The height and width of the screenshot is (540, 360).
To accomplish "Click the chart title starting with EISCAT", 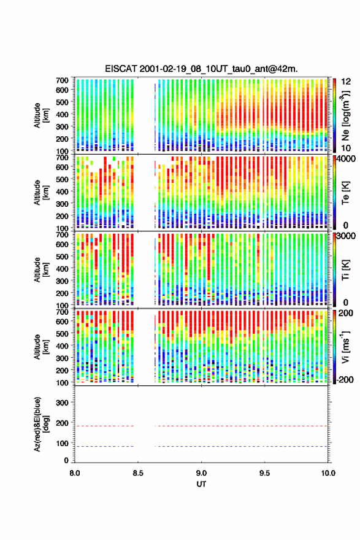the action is pyautogui.click(x=201, y=69).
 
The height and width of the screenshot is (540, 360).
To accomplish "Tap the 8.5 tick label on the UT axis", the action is pyautogui.click(x=138, y=473).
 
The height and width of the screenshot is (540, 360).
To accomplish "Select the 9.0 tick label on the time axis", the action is pyautogui.click(x=201, y=473).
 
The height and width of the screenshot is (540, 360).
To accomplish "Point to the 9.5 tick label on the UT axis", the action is pyautogui.click(x=265, y=473).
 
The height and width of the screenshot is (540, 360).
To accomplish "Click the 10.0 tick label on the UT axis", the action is pyautogui.click(x=328, y=473).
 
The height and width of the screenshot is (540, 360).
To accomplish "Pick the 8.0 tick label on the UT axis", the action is pyautogui.click(x=75, y=473).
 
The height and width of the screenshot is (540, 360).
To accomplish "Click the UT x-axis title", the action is pyautogui.click(x=201, y=484).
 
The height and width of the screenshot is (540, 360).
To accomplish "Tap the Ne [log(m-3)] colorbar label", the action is pyautogui.click(x=346, y=116).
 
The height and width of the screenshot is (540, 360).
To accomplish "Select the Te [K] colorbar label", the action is pyautogui.click(x=345, y=193).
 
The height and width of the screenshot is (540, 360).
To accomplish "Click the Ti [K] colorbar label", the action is pyautogui.click(x=345, y=269).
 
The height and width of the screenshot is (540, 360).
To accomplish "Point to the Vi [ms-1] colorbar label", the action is pyautogui.click(x=345, y=347).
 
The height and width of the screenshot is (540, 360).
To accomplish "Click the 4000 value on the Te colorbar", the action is pyautogui.click(x=346, y=159).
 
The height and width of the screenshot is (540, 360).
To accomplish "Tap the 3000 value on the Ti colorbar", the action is pyautogui.click(x=346, y=236).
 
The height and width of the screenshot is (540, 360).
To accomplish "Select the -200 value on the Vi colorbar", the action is pyautogui.click(x=344, y=379).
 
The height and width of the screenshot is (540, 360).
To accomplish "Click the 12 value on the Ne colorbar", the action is pyautogui.click(x=347, y=82).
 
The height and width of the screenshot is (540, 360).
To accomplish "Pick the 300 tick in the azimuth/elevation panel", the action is pyautogui.click(x=62, y=403).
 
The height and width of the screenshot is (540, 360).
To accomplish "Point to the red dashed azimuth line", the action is pyautogui.click(x=201, y=426).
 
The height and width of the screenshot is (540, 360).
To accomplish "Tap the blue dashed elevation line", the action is pyautogui.click(x=201, y=446).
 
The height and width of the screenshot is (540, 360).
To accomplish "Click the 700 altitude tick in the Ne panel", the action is pyautogui.click(x=62, y=80).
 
